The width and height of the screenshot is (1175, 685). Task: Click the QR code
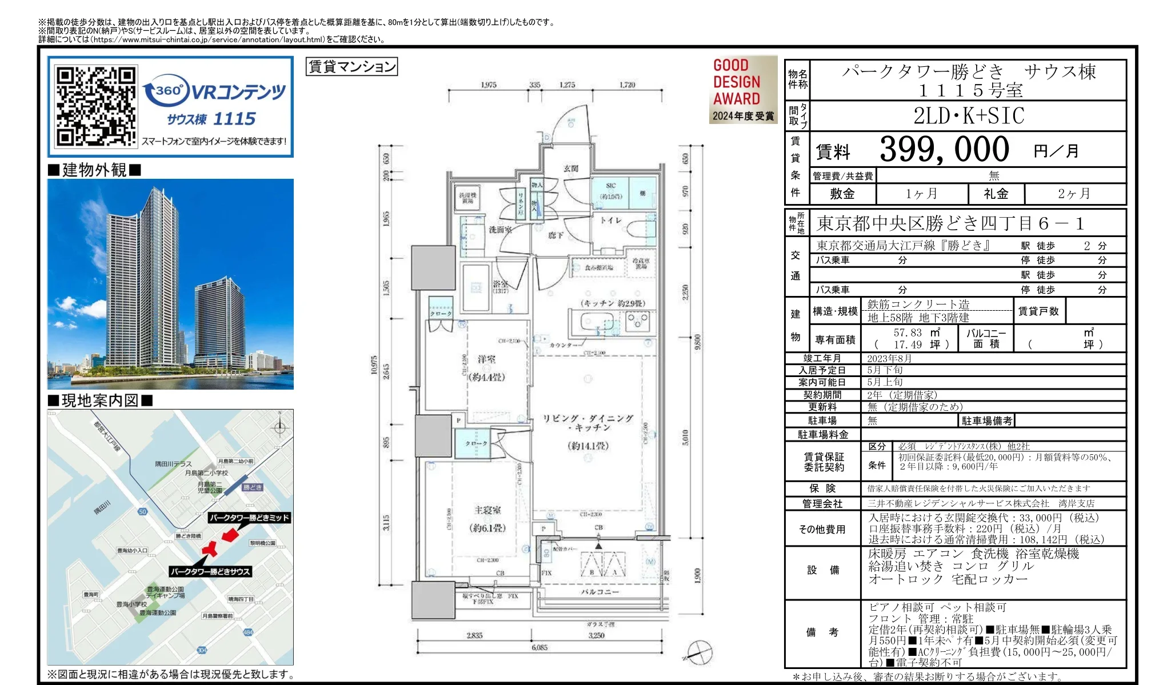tap(95, 106)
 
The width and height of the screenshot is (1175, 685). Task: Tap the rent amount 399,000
tap(944, 150)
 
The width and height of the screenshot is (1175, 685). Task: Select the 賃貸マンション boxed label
tap(351, 67)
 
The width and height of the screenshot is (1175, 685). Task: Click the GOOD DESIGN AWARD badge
tap(742, 89)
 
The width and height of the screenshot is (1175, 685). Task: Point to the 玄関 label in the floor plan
tap(570, 169)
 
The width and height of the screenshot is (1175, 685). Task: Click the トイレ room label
tap(610, 220)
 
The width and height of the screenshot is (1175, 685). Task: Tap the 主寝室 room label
tap(487, 510)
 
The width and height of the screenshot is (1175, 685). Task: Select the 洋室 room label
tap(486, 359)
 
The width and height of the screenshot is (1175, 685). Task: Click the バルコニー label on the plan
tap(600, 592)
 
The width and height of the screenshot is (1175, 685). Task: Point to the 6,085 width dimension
tap(539, 647)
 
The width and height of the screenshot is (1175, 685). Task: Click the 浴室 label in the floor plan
tap(500, 284)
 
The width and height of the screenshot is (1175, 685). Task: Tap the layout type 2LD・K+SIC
tap(968, 116)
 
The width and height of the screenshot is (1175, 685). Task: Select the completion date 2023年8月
tap(889, 358)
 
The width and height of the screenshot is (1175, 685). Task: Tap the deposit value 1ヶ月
tap(921, 194)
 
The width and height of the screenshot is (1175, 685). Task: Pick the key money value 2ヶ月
tap(1074, 194)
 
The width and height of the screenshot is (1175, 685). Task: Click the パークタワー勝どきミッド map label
tap(249, 518)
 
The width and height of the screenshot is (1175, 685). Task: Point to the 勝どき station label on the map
tap(252, 487)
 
